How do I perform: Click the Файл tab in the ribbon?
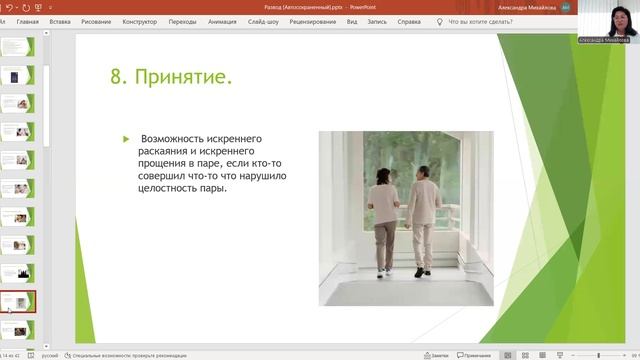(8, 20)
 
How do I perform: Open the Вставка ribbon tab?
(59, 20)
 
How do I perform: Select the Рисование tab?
(97, 20)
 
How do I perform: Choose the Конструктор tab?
(139, 20)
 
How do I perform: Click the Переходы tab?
(183, 20)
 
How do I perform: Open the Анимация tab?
(222, 20)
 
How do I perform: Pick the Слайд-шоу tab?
(263, 20)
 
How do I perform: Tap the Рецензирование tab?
(311, 20)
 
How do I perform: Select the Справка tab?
(408, 20)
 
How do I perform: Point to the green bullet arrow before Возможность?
(126, 139)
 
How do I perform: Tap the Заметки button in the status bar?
(435, 355)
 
